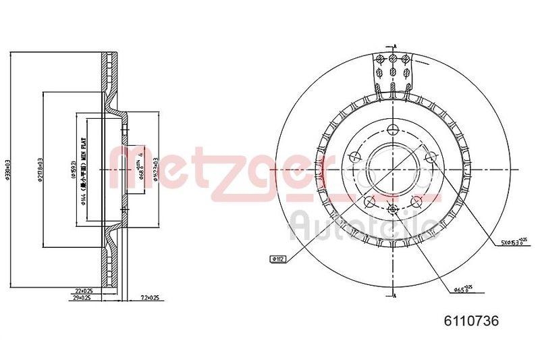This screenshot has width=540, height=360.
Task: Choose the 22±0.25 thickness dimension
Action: (x=84, y=290)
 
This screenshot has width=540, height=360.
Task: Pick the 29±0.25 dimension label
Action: (x=84, y=297)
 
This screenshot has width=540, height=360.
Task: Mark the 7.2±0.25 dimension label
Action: (x=149, y=297)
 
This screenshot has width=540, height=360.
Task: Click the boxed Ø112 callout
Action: (x=277, y=258)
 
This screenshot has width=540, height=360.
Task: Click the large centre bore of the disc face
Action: (x=392, y=168)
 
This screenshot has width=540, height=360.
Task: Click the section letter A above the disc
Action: (x=395, y=45)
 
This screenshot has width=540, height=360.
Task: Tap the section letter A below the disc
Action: (x=395, y=298)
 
